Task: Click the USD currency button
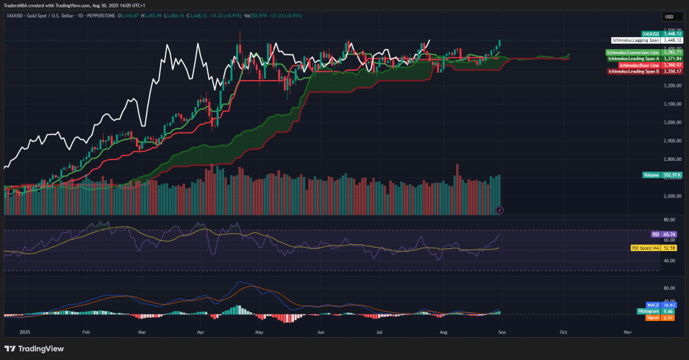(669, 17)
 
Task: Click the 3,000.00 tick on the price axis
(673, 122)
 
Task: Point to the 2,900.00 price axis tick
(673, 141)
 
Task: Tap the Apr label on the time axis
(201, 332)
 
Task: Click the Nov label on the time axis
(627, 332)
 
